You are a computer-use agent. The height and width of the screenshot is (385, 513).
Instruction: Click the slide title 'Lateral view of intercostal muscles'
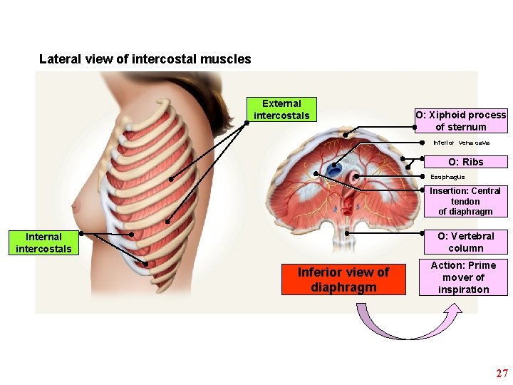145,59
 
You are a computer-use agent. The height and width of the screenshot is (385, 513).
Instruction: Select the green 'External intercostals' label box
282,109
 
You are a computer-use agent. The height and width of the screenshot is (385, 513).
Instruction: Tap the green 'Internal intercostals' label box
43,242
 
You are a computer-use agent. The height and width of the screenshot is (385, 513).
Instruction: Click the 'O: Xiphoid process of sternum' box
461,120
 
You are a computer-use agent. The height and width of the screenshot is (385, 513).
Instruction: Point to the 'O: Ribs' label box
465,162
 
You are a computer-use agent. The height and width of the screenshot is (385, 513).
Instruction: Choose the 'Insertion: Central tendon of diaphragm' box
465,201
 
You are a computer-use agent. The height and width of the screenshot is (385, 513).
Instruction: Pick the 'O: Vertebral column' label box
465,242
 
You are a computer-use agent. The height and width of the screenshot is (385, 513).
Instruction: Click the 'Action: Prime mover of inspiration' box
463,277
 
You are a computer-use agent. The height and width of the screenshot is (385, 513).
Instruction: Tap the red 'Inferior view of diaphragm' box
343,279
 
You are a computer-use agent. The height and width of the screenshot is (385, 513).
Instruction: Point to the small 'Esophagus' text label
447,176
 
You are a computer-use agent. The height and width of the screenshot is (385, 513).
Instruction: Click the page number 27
502,373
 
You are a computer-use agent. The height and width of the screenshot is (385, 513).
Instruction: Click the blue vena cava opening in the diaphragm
333,170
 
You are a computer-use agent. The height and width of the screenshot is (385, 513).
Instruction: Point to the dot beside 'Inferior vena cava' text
423,142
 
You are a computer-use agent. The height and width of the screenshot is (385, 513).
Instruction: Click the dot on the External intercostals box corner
247,122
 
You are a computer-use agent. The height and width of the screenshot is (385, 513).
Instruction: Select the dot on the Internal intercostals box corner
81,233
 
